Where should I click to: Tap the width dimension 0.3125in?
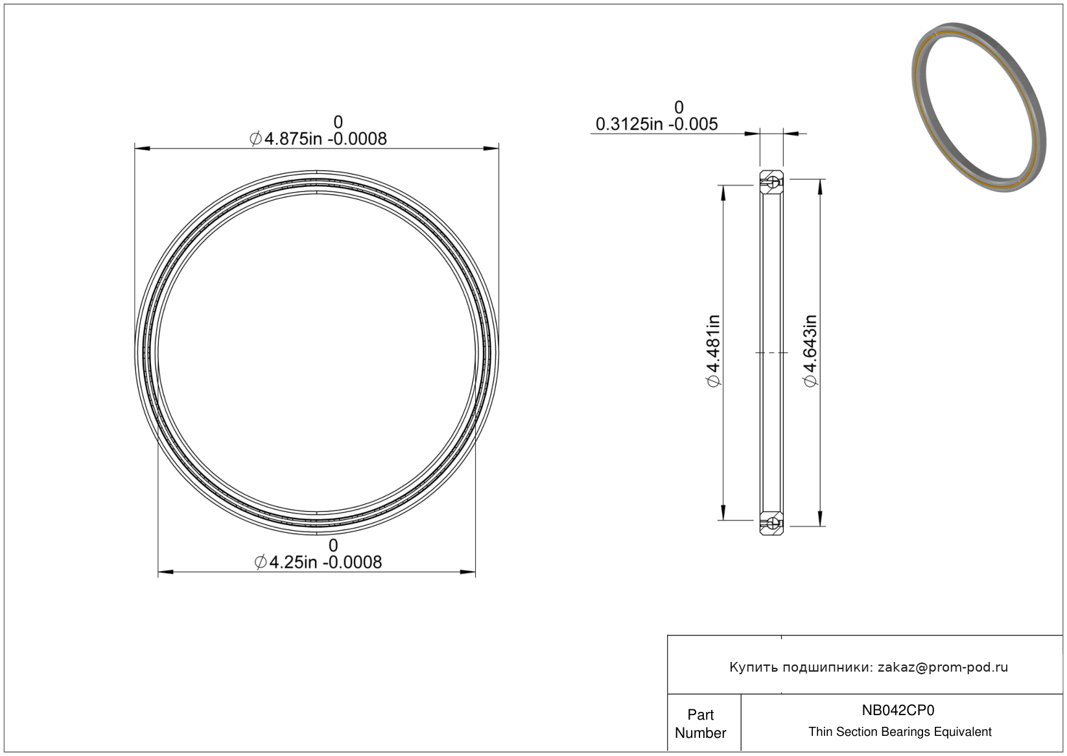coord(629,124)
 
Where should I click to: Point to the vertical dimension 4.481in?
coord(713,350)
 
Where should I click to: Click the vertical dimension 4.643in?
coord(810,350)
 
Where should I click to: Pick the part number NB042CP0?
coord(898,710)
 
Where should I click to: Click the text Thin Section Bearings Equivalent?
coord(900,732)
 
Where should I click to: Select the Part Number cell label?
coord(700,724)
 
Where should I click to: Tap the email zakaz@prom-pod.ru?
coord(943,667)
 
